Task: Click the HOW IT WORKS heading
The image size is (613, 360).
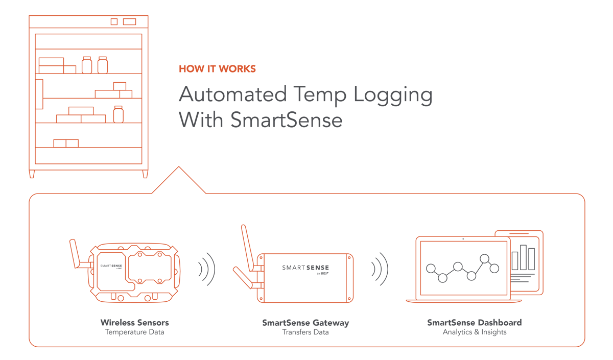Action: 217,69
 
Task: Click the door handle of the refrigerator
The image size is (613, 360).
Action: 39,94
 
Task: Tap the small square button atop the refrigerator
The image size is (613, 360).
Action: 114,21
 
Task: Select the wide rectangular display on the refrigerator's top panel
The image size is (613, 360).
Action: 129,21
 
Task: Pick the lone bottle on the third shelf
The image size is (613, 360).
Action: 119,114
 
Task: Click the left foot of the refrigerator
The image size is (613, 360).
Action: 32,174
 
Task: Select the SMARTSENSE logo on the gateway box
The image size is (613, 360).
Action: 305,268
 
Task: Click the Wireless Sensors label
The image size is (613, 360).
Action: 134,323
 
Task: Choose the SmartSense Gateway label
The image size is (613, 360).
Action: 305,323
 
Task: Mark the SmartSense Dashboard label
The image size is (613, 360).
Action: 474,323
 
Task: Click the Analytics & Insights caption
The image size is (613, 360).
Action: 474,332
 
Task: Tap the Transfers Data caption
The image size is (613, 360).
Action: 305,332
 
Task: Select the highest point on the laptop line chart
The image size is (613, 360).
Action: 485,258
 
